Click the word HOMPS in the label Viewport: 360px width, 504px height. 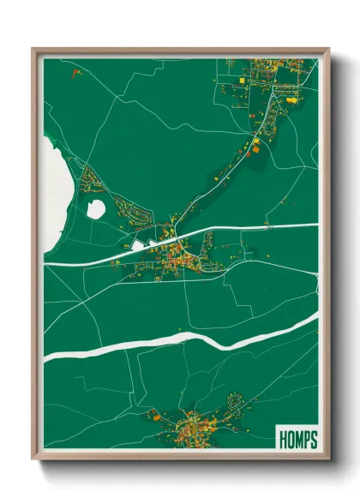tap(297, 440)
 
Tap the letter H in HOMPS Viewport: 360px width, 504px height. tap(284, 440)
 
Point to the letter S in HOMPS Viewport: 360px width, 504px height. tap(313, 440)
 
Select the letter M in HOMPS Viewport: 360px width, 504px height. tap(298, 440)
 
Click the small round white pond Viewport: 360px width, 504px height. tap(96, 208)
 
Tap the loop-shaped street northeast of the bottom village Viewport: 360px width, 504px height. tap(236, 400)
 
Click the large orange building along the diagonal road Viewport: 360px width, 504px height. tap(255, 147)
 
